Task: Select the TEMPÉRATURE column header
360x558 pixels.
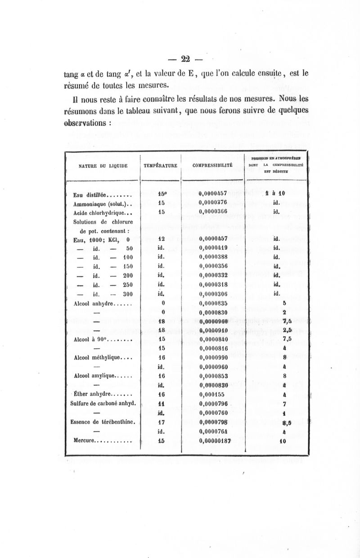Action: click(x=160, y=166)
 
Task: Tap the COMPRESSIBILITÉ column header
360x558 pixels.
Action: click(x=212, y=166)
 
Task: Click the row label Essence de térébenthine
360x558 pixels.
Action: click(x=104, y=422)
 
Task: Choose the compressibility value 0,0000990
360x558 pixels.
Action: click(x=214, y=357)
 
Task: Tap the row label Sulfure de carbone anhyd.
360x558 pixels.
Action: click(x=103, y=404)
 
